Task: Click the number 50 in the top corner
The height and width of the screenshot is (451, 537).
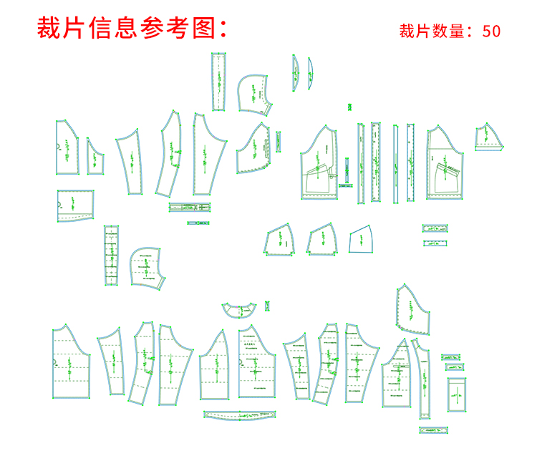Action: (491, 31)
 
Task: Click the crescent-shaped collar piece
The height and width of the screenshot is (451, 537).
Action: (239, 309)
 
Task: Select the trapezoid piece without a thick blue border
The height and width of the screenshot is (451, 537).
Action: (362, 239)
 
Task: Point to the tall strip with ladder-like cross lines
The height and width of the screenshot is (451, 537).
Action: (111, 256)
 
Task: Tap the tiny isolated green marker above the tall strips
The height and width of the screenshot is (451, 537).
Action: (349, 107)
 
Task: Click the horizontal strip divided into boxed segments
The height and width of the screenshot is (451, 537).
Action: (190, 208)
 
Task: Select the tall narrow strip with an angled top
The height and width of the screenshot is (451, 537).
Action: (424, 379)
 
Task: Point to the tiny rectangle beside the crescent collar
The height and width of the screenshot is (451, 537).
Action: (268, 306)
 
